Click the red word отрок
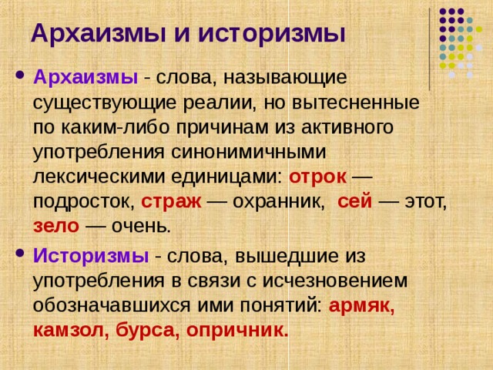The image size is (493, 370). (x=317, y=176)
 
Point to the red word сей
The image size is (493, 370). (x=355, y=201)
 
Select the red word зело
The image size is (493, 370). (x=55, y=226)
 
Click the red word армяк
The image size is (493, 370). (x=361, y=304)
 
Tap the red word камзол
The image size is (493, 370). (x=72, y=330)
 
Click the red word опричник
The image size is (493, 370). (x=238, y=330)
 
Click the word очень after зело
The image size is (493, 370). (x=142, y=226)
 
